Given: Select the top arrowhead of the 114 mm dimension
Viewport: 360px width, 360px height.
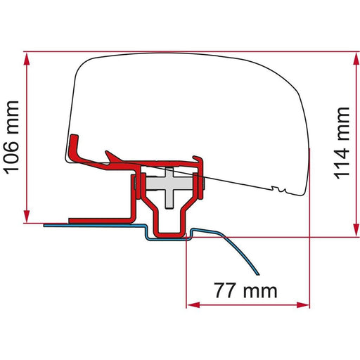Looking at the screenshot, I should coord(351,58).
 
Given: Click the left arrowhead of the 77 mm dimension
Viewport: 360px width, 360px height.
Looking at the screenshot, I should coord(191,305).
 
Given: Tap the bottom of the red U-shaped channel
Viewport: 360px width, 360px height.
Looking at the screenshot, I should coord(169,233).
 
